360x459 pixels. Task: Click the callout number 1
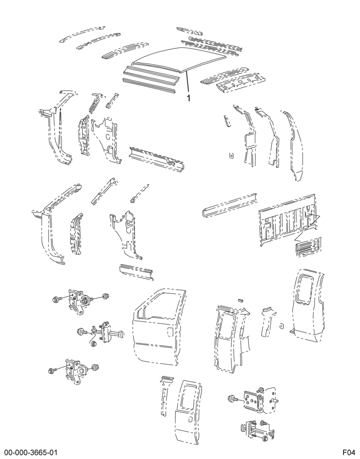coord(189,98)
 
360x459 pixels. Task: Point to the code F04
coord(349,453)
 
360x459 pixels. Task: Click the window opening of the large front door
coord(161,304)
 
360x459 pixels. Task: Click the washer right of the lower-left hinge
coord(95,367)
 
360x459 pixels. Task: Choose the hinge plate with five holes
coord(254,400)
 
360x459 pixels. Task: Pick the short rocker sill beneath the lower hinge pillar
coord(136,271)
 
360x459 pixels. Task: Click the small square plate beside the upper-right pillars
coord(231,156)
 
